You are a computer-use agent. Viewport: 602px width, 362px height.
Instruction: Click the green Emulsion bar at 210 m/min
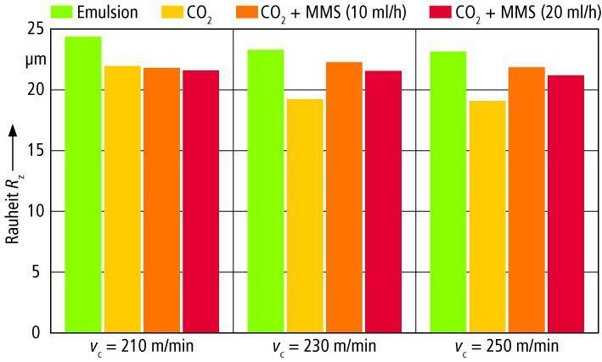[x=83, y=185]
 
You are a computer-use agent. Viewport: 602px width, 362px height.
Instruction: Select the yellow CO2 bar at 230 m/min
[x=306, y=216]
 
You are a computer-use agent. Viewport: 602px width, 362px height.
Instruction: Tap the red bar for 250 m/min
[x=565, y=204]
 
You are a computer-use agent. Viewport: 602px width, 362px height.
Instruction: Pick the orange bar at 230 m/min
[x=345, y=197]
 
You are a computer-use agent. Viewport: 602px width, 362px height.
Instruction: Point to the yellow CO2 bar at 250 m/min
[x=487, y=217]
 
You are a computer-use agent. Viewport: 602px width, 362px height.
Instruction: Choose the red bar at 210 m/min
[x=200, y=201]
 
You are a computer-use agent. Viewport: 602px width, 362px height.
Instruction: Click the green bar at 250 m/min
[x=448, y=192]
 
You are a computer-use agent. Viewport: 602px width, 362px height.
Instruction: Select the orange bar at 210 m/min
[x=161, y=200]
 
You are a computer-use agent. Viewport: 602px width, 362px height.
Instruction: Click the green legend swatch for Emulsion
[x=61, y=12]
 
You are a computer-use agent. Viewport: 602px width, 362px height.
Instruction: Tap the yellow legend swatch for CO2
[x=172, y=12]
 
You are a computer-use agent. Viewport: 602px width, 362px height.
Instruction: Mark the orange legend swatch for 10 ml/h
[x=246, y=12]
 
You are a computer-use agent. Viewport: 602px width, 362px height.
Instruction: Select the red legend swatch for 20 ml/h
[x=441, y=12]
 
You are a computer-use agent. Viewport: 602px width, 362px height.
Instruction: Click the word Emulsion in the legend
[x=107, y=12]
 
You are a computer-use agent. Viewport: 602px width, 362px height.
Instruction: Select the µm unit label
[x=36, y=60]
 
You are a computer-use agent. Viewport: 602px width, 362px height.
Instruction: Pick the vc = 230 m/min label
[x=324, y=347]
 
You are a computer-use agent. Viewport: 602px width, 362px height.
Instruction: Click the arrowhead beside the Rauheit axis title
[x=12, y=131]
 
